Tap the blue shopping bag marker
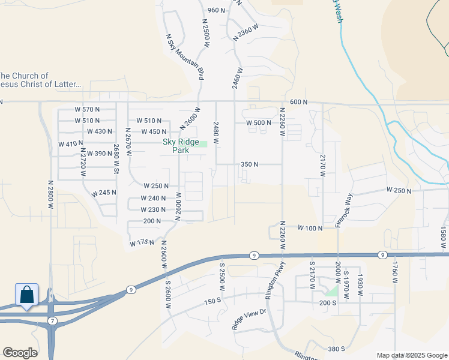click(x=27, y=295)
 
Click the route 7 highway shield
click(x=53, y=322)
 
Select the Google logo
click(x=20, y=353)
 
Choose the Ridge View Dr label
click(x=249, y=320)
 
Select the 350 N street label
click(x=249, y=164)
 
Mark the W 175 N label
click(x=142, y=243)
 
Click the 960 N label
click(x=215, y=10)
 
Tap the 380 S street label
click(x=337, y=349)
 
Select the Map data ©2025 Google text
click(x=411, y=355)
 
